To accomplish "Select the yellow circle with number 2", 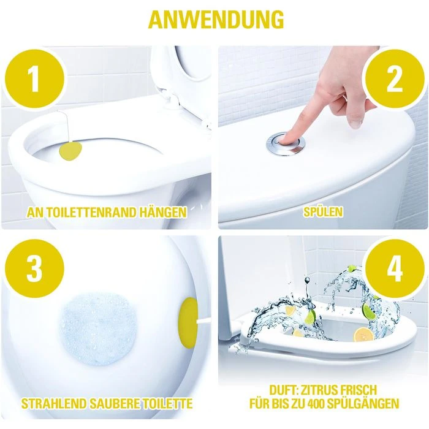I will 394,78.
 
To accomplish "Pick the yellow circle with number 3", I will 35,270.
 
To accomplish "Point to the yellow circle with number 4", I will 394,270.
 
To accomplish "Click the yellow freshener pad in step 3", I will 189,319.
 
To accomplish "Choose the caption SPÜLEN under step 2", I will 323,213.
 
